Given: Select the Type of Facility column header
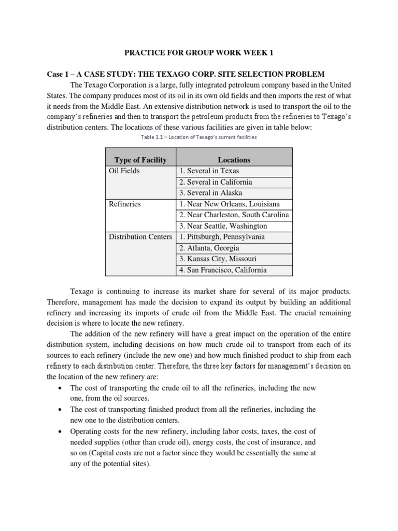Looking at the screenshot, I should tap(140, 160).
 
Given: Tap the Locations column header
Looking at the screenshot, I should tap(234, 160).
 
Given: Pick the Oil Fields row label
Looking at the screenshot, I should tap(124, 171).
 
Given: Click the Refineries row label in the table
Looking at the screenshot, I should tap(125, 204).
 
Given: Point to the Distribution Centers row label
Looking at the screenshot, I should tap(140, 236).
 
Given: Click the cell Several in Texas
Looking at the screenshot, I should tap(209, 171).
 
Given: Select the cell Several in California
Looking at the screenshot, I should tap(216, 181).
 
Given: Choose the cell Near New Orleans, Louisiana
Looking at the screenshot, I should tap(230, 204).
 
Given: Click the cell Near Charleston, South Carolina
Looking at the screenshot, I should tap(234, 215).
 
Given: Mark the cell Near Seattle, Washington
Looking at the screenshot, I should tap(223, 226).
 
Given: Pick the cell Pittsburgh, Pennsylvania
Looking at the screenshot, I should tap(222, 236).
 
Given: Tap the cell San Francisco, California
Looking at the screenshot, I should tap(223, 270).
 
